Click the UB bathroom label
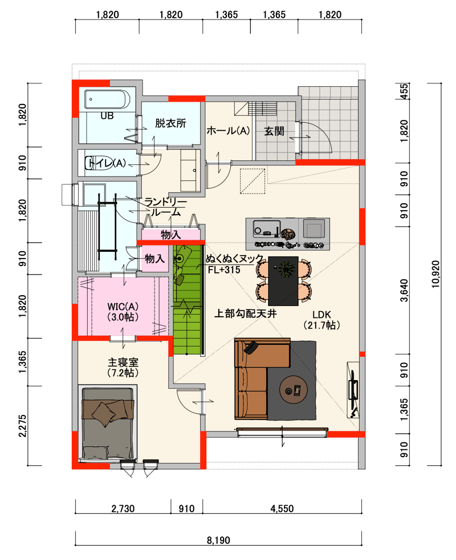pyautogui.click(x=107, y=116)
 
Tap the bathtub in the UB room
pyautogui.click(x=107, y=99)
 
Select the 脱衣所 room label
pyautogui.click(x=170, y=123)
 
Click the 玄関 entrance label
pyautogui.click(x=274, y=131)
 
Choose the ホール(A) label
pyautogui.click(x=228, y=131)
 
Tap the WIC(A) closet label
pyautogui.click(x=123, y=307)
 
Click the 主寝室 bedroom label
pyautogui.click(x=123, y=362)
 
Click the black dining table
pyautogui.click(x=283, y=281)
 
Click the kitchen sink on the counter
pyautogui.click(x=266, y=228)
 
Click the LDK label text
pyautogui.click(x=321, y=315)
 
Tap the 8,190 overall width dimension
pyautogui.click(x=218, y=540)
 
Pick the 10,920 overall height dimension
pyautogui.click(x=435, y=274)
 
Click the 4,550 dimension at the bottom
pyautogui.click(x=282, y=508)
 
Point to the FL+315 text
pyautogui.click(x=224, y=269)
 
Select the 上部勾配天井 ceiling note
pyautogui.click(x=245, y=313)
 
